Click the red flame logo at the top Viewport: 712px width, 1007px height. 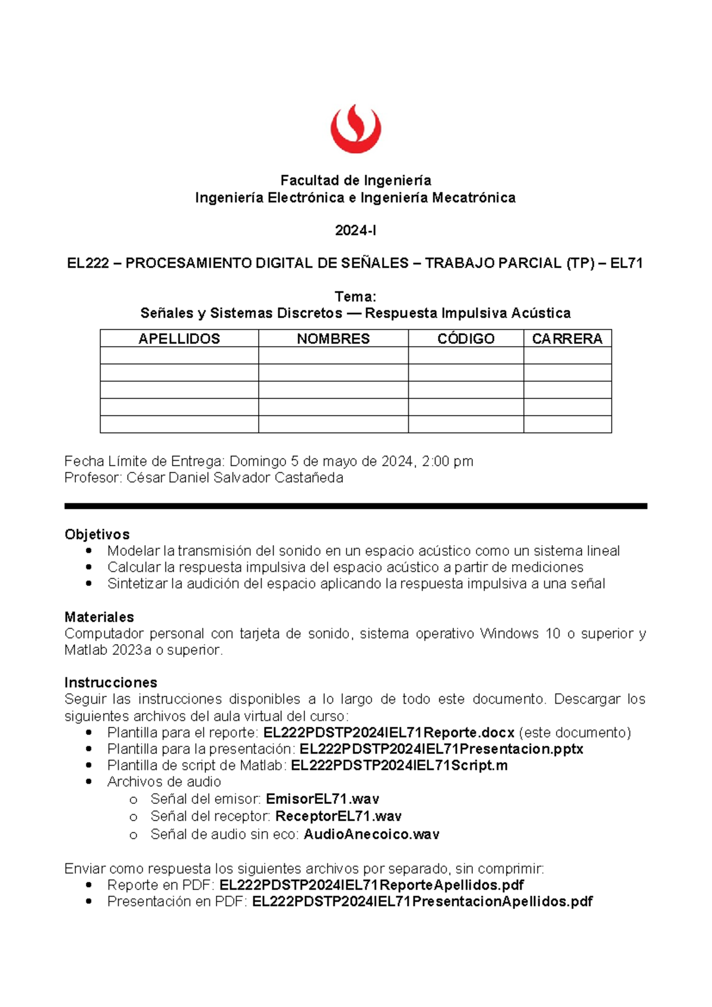pyautogui.click(x=355, y=129)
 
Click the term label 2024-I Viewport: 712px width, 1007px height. pyautogui.click(x=355, y=230)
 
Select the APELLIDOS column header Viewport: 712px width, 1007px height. pyautogui.click(x=179, y=338)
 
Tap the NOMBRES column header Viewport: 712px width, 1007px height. pyautogui.click(x=333, y=338)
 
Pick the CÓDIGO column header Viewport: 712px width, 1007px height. pyautogui.click(x=466, y=338)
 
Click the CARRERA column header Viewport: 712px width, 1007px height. pyautogui.click(x=567, y=338)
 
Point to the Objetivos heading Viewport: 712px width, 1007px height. pyautogui.click(x=97, y=534)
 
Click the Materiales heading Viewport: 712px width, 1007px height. pyautogui.click(x=99, y=617)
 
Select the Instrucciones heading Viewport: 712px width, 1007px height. pyautogui.click(x=110, y=682)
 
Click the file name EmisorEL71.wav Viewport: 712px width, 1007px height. pyautogui.click(x=322, y=799)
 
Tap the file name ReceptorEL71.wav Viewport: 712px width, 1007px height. pyautogui.click(x=338, y=816)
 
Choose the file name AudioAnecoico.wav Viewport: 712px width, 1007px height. pyautogui.click(x=371, y=834)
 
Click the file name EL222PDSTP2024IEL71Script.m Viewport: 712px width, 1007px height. pyautogui.click(x=399, y=765)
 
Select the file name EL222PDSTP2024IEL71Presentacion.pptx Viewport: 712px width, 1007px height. pyautogui.click(x=441, y=749)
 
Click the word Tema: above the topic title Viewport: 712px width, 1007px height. pyautogui.click(x=355, y=296)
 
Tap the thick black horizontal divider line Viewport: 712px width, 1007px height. pyautogui.click(x=355, y=506)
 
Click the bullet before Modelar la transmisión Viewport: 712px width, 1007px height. pyautogui.click(x=89, y=551)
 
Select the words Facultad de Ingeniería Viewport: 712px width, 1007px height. pyautogui.click(x=355, y=180)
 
